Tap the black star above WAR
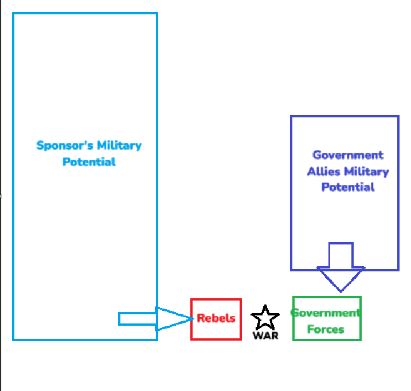pyautogui.click(x=265, y=317)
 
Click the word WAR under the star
pyautogui.click(x=265, y=335)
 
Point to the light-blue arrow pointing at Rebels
pyautogui.click(x=155, y=319)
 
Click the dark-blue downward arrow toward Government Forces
pyautogui.click(x=340, y=266)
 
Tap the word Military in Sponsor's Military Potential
pyautogui.click(x=119, y=145)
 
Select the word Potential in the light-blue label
pyautogui.click(x=89, y=161)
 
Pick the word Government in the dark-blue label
pyautogui.click(x=348, y=155)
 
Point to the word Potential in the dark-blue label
pyautogui.click(x=348, y=187)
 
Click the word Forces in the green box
pyautogui.click(x=326, y=329)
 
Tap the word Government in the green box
pyautogui.click(x=326, y=313)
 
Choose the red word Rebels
pyautogui.click(x=216, y=318)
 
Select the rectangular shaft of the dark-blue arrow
pyautogui.click(x=340, y=255)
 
